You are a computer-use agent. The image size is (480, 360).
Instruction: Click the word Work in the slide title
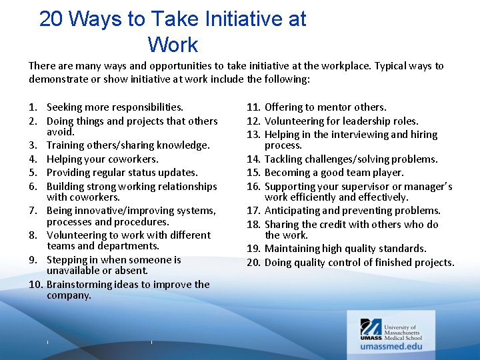[173, 45]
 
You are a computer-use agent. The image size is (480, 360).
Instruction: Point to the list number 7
[33, 211]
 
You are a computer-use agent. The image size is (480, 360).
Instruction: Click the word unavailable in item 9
[73, 271]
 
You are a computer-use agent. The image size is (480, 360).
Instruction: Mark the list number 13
[253, 135]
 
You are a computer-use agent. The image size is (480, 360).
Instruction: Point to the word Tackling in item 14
[284, 159]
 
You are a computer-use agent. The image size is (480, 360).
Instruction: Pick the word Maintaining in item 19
[294, 249]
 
